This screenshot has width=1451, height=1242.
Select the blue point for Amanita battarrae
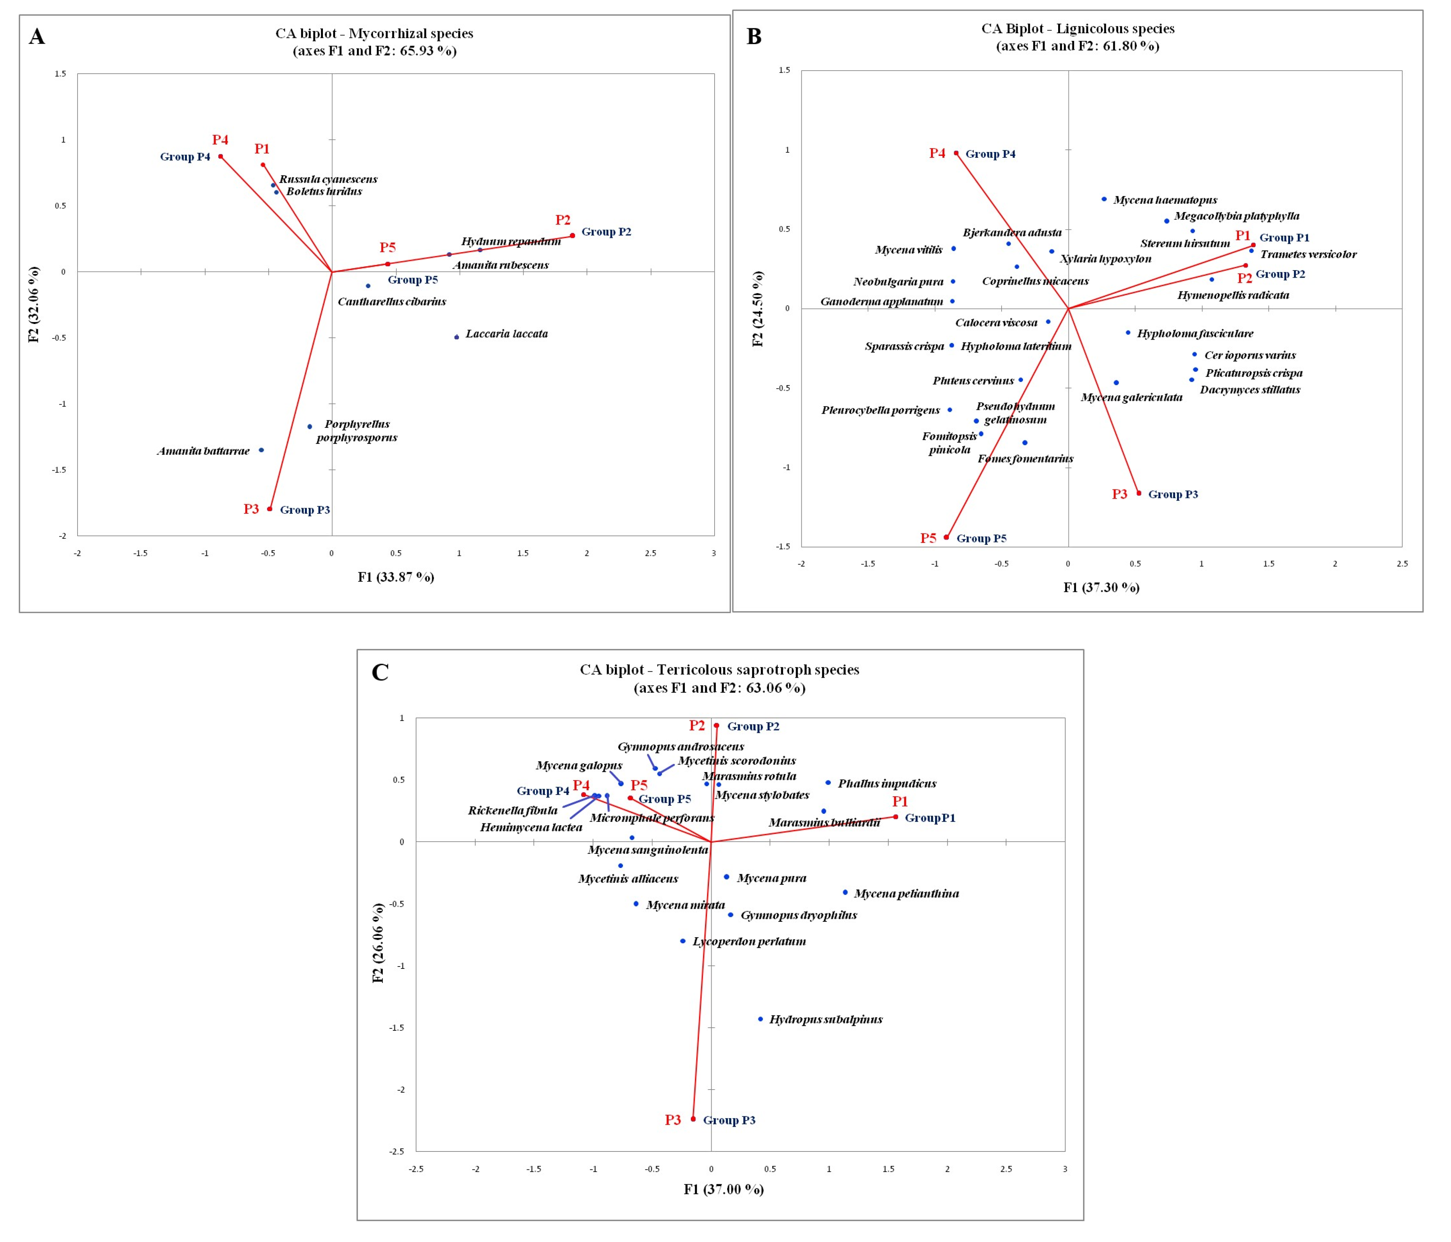click(x=261, y=450)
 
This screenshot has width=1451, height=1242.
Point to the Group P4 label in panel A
click(x=185, y=157)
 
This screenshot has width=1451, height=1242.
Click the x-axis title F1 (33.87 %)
click(x=396, y=577)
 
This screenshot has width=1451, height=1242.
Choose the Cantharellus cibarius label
click(x=391, y=302)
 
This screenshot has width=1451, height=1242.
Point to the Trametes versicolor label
click(x=1308, y=254)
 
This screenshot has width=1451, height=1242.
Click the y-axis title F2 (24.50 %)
click(x=758, y=309)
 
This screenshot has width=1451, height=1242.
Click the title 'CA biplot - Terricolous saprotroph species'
click(x=719, y=669)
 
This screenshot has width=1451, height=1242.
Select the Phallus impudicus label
click(x=887, y=784)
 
